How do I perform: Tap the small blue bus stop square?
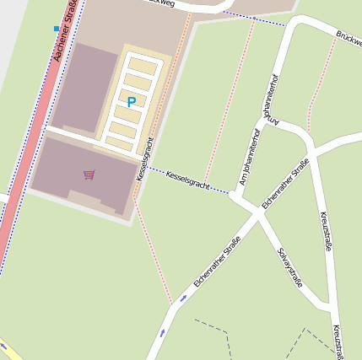57,29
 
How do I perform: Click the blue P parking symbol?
131,102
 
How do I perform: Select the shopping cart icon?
89,175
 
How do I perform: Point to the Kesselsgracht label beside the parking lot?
144,159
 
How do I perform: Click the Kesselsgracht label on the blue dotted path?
187,180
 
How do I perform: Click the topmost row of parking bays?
143,66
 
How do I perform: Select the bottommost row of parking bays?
121,143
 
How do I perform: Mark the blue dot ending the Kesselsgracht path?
230,193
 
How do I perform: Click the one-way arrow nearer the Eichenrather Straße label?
184,298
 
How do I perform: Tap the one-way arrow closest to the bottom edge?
162,333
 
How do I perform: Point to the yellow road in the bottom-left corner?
8,349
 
